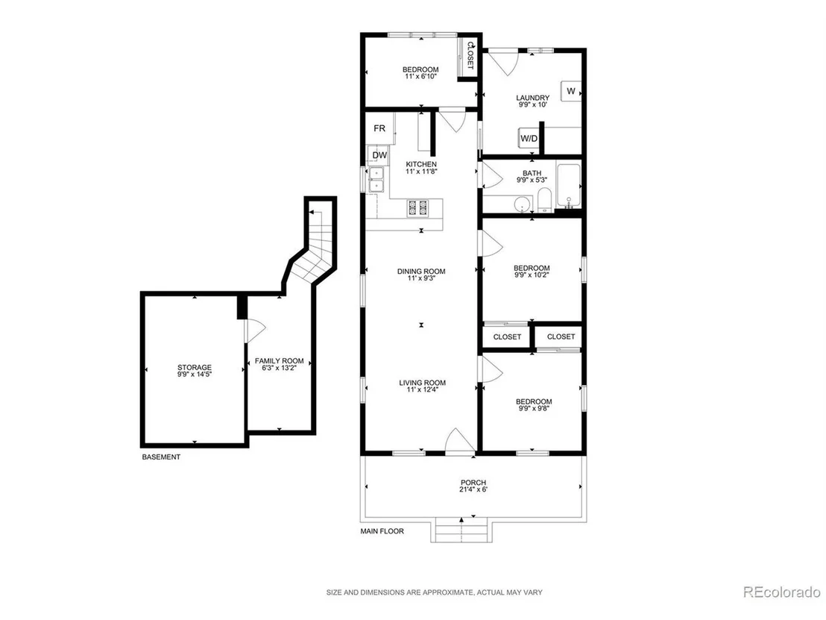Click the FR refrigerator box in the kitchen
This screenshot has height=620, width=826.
(x=379, y=128)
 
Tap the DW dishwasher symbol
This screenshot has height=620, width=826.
(x=379, y=155)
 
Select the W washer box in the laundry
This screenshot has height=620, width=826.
(x=571, y=91)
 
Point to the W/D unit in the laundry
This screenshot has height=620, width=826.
(x=529, y=138)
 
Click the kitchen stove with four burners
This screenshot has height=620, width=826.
(x=419, y=207)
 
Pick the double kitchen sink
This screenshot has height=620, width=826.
(x=376, y=179)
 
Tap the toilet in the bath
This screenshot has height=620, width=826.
(x=544, y=201)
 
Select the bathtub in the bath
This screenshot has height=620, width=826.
(x=569, y=186)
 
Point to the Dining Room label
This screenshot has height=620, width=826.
(x=421, y=272)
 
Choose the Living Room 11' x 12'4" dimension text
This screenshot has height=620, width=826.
(x=422, y=389)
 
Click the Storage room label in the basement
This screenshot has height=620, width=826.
(x=195, y=368)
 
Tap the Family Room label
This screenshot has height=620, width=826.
(x=280, y=360)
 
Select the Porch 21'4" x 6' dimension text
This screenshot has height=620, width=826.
(x=473, y=489)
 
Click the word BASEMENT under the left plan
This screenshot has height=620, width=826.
(x=161, y=457)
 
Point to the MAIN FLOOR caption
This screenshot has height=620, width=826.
(x=382, y=531)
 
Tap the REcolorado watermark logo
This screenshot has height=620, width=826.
(x=781, y=592)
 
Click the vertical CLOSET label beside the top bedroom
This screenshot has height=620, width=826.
(x=470, y=56)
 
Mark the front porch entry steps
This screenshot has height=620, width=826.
(x=462, y=531)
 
